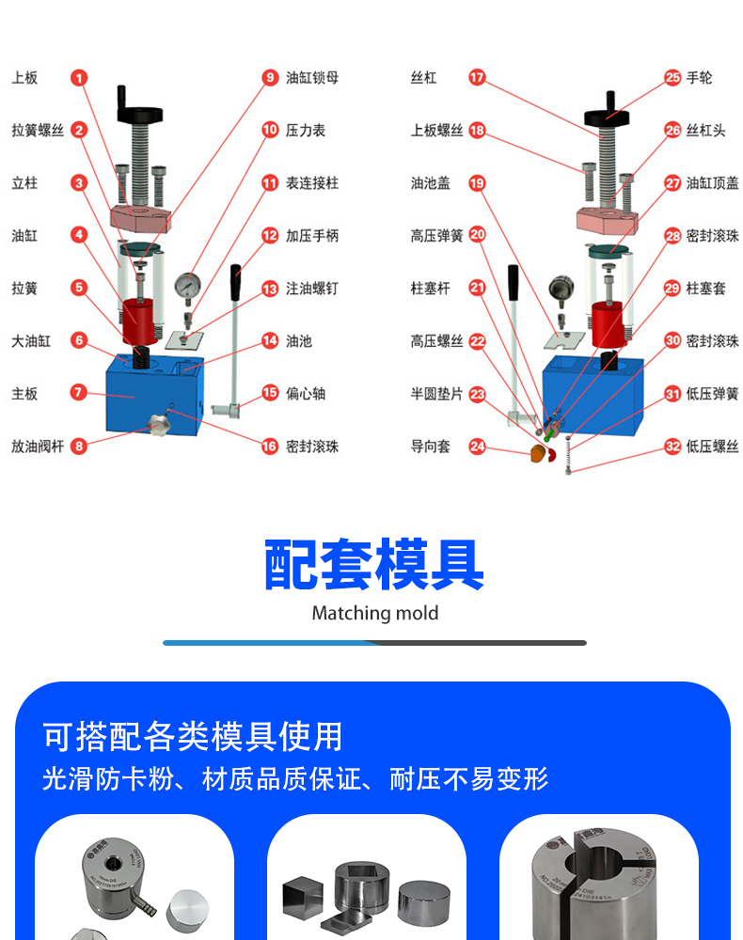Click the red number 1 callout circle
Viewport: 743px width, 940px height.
79,78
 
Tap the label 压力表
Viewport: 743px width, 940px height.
306,131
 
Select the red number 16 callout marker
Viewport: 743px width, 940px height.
270,446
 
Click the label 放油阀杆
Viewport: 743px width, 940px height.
37,446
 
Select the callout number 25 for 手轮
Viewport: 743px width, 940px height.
672,78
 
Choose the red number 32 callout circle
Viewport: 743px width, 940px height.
672,446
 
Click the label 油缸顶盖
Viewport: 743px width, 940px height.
712,183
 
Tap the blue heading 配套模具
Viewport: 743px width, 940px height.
373,564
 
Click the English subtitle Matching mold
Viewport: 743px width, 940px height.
374,613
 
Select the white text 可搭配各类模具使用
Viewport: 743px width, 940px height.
193,736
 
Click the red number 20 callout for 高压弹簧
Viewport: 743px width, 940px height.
477,236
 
